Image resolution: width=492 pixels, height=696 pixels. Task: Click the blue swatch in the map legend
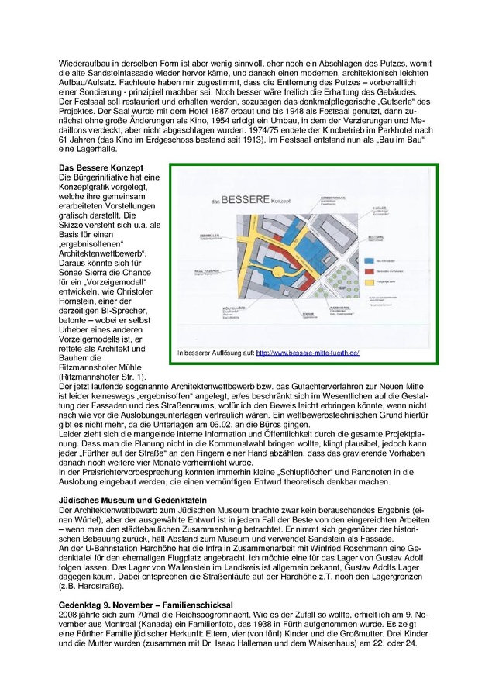(369, 261)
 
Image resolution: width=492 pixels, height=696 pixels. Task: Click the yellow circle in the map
(277, 272)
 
